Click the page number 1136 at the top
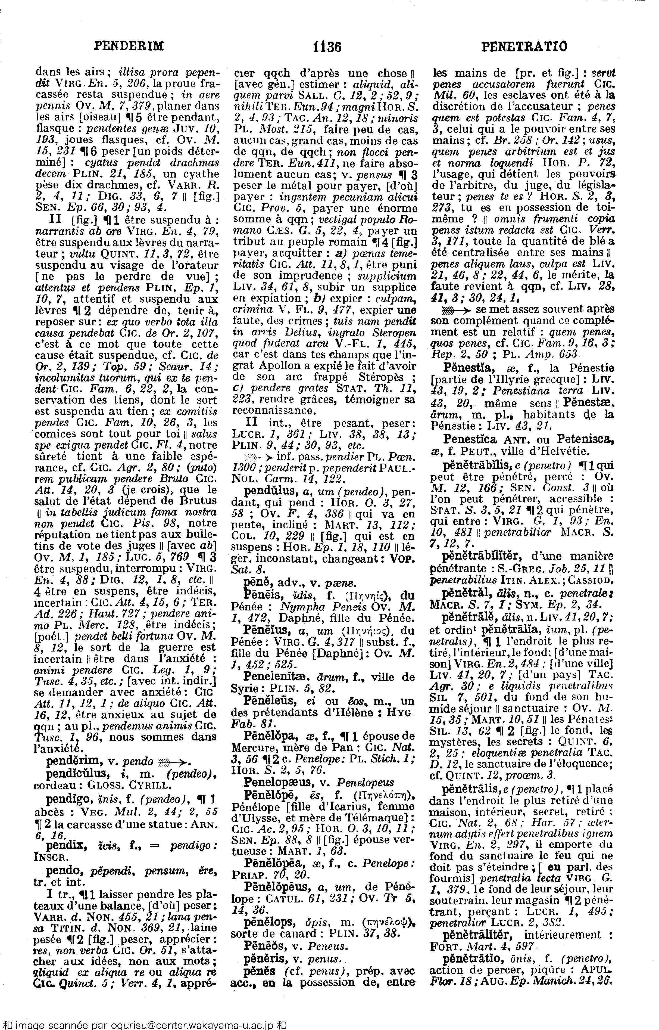327,47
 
